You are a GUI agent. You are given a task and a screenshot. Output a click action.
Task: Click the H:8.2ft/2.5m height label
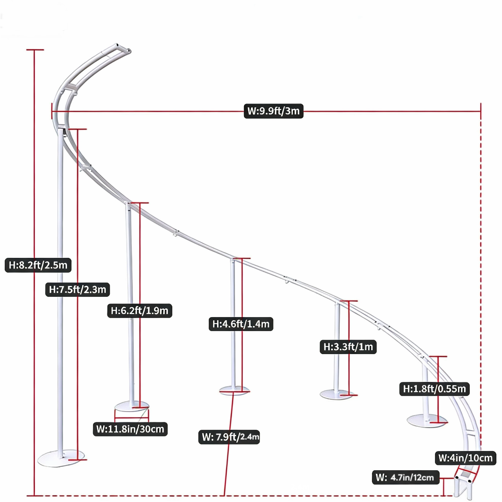point(38,265)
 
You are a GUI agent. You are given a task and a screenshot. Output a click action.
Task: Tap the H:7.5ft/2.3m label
point(77,289)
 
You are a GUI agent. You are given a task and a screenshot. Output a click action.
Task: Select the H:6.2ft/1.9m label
point(140,311)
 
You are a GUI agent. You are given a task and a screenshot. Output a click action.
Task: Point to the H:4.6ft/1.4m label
point(241,324)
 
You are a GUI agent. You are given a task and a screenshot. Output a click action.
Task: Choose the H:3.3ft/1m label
point(348,347)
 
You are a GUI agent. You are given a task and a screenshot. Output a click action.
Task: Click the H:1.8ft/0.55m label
point(435,389)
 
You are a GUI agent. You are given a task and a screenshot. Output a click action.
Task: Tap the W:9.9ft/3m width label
point(274,111)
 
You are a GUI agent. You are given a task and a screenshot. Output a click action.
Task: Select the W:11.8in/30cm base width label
point(130,429)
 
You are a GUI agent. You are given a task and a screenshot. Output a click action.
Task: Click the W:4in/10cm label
point(465,458)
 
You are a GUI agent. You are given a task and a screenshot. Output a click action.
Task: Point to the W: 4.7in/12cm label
point(405,478)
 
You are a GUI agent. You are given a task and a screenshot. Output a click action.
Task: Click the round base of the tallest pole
point(61,459)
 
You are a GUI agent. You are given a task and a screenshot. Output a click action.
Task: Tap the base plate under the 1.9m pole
point(131,407)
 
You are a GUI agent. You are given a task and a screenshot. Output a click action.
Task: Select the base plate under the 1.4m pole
point(234,390)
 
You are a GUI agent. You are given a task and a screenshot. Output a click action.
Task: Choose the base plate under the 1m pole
point(337,395)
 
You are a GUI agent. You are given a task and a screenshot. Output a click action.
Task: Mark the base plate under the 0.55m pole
point(427,421)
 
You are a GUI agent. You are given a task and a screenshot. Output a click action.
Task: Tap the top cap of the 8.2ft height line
point(35,50)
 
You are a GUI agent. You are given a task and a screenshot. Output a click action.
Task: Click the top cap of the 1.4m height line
point(242,258)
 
